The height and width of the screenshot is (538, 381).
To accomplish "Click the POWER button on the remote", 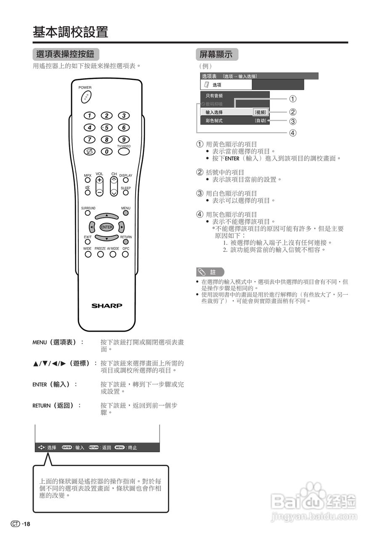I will click(85, 97).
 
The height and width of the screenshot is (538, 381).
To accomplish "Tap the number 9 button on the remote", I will click(123, 140).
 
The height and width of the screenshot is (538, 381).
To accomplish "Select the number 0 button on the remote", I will click(107, 151).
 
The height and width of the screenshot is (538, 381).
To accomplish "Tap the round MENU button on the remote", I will click(125, 213).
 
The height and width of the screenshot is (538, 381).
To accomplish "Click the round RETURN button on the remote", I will click(125, 243).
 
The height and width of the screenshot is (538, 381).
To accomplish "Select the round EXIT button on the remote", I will click(88, 243).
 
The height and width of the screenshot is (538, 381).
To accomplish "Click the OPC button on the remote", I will click(125, 254).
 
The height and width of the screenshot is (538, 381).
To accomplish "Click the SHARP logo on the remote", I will click(107, 306).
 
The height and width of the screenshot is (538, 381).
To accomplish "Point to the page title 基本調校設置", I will click(71, 32).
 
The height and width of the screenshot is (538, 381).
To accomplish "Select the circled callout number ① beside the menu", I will click(293, 99).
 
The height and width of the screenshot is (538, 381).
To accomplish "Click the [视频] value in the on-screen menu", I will click(260, 112).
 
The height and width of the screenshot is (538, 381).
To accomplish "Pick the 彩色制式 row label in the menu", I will click(214, 121).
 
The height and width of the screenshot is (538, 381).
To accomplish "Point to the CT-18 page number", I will click(21, 524).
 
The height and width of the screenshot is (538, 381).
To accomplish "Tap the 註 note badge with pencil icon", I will click(210, 272).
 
